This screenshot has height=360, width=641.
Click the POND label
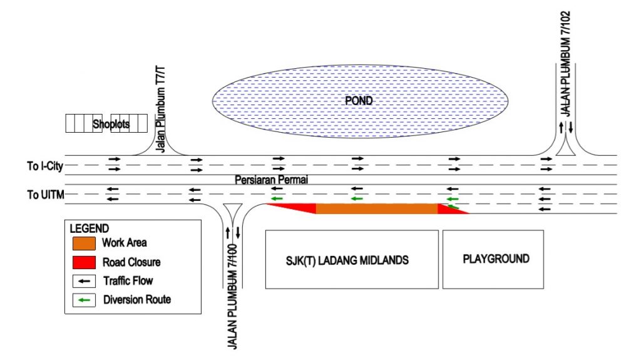(359, 101)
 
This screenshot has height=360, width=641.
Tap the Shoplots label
(111, 124)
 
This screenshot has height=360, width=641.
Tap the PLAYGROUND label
(496, 259)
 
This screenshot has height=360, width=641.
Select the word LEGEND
(89, 229)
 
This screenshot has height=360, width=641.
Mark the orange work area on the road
(376, 208)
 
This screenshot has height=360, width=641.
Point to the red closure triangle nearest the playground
(451, 210)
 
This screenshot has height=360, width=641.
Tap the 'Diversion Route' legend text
(137, 300)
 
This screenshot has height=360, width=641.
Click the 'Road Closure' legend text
(132, 262)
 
